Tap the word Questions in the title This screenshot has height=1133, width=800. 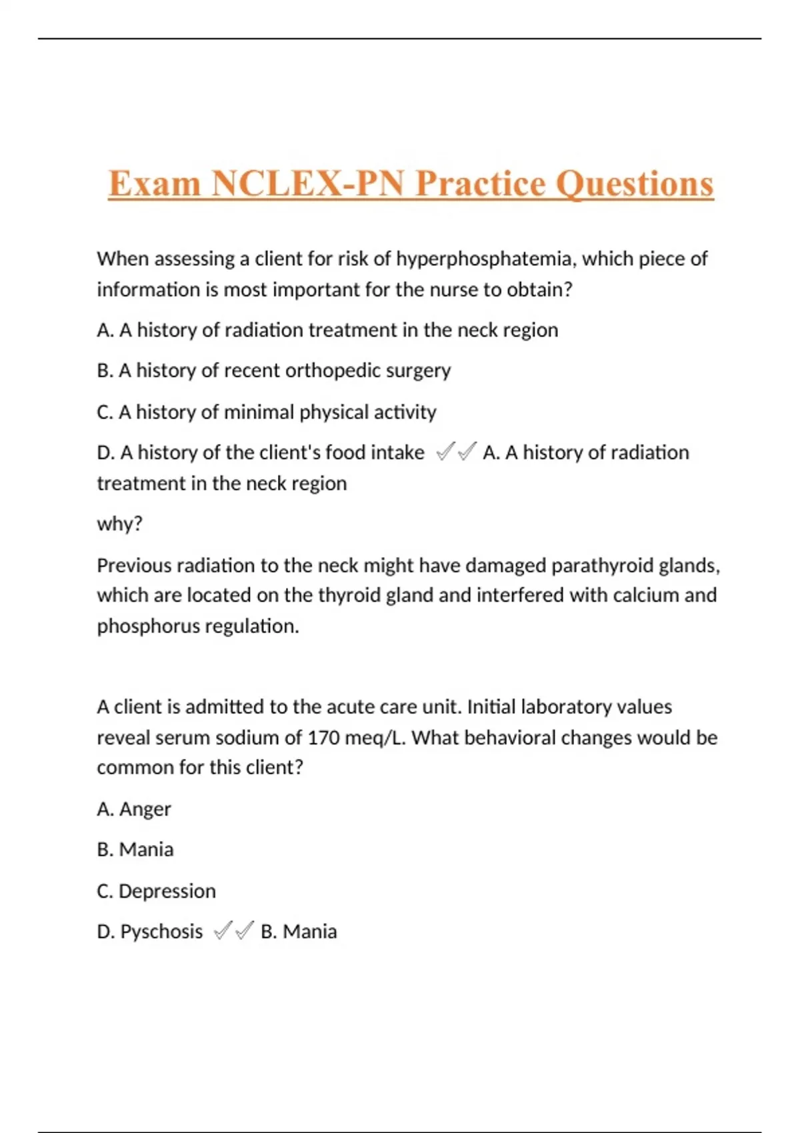634,184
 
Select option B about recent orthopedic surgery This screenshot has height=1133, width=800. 273,371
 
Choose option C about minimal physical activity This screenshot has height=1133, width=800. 266,412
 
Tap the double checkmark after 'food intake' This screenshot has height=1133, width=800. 456,453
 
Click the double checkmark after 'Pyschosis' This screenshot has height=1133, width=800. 233,930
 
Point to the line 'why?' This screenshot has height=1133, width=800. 119,524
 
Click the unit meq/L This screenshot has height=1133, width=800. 375,738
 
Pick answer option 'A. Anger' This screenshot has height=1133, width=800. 133,808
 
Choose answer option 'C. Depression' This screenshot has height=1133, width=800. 156,891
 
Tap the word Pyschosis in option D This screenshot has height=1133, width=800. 161,931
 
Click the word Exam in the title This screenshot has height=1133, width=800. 154,184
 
